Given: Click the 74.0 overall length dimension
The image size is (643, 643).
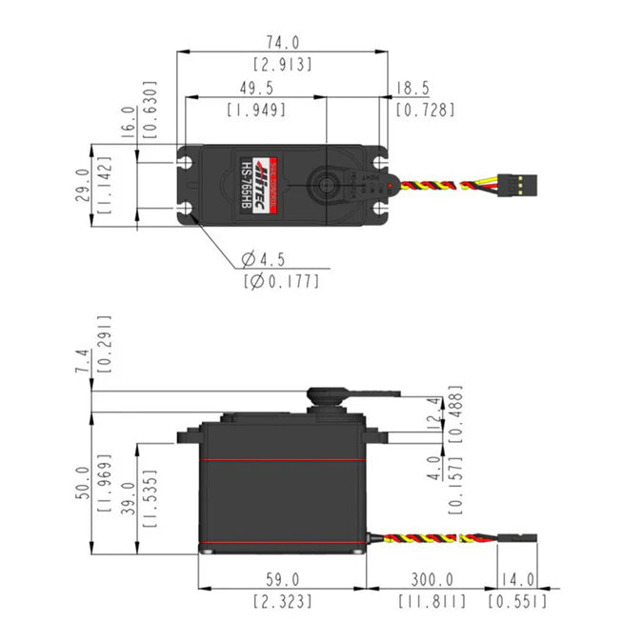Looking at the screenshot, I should (282, 43).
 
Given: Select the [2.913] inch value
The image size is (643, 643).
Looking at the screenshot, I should (282, 65).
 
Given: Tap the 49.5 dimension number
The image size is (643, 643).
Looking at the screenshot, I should (256, 88).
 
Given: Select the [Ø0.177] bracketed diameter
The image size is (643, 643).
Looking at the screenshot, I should (281, 281).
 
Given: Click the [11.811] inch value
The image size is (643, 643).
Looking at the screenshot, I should (432, 601).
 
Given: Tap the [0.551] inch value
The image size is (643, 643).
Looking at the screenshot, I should (517, 601).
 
